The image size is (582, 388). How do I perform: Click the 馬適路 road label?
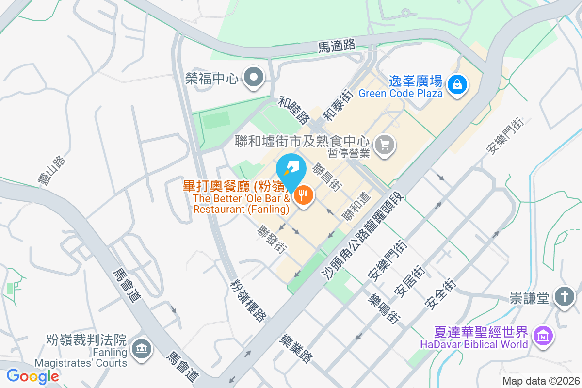[337, 46]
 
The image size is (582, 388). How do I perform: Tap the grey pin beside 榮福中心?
[253, 77]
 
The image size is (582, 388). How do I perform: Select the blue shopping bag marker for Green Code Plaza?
[457, 84]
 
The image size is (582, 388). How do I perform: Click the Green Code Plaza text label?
[401, 93]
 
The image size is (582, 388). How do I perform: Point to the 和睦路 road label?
[294, 110]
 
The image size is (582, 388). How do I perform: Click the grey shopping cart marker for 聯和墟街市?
[385, 145]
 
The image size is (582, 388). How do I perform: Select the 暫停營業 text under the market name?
[348, 153]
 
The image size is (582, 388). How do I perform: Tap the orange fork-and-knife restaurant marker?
[304, 195]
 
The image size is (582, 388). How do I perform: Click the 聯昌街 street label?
[326, 177]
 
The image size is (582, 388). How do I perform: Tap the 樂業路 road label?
[296, 348]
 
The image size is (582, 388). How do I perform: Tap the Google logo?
[33, 376]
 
